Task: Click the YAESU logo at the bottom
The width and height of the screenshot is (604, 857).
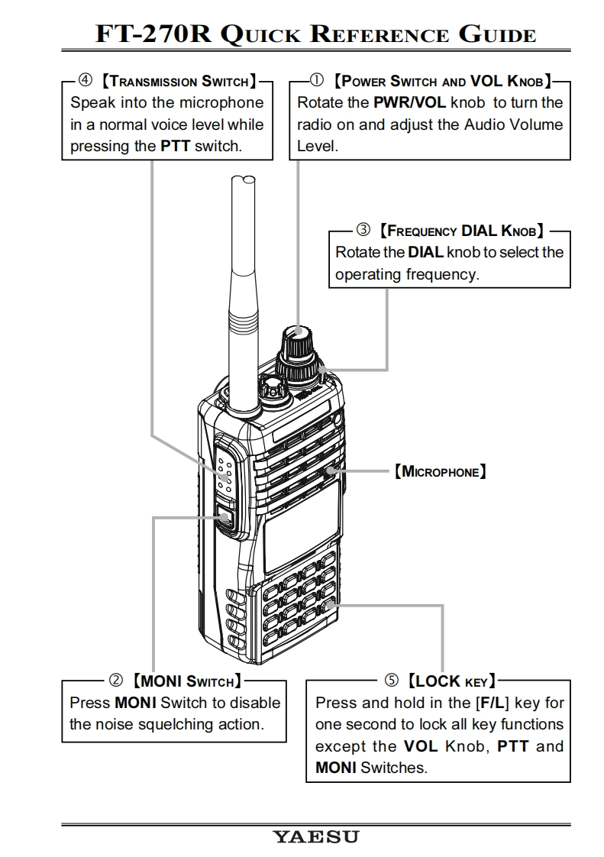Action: pos(315,837)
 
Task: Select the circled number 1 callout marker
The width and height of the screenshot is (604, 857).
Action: pos(317,80)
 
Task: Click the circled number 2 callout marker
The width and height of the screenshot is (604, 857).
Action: pos(117,680)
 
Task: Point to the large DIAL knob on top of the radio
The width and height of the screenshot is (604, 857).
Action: pos(298,351)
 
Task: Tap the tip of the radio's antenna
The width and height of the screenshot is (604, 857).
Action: pos(245,182)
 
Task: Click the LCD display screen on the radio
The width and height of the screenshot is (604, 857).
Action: pos(302,527)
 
